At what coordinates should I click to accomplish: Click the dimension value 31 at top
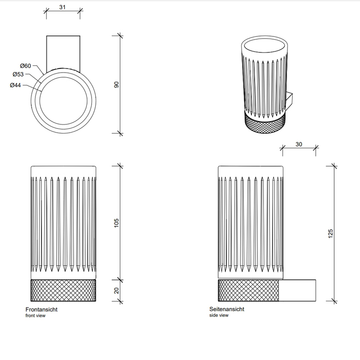click(x=62, y=7)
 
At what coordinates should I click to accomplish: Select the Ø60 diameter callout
click(x=26, y=66)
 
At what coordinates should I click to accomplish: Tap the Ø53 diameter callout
click(x=18, y=75)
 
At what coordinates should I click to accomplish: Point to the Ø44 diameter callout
click(x=15, y=85)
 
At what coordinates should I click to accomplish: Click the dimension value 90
click(x=116, y=85)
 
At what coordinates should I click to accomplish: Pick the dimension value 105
click(x=116, y=223)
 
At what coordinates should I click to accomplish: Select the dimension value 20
click(x=116, y=291)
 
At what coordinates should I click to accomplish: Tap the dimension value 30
click(x=299, y=145)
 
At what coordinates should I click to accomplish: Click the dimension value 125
click(x=331, y=233)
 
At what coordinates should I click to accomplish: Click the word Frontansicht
click(x=42, y=309)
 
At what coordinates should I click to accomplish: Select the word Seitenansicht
click(x=227, y=309)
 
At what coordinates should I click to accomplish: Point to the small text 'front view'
click(x=35, y=316)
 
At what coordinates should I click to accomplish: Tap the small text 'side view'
click(x=219, y=316)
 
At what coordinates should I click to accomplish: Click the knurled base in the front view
click(x=63, y=291)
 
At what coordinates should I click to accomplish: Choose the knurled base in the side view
click(x=248, y=291)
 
